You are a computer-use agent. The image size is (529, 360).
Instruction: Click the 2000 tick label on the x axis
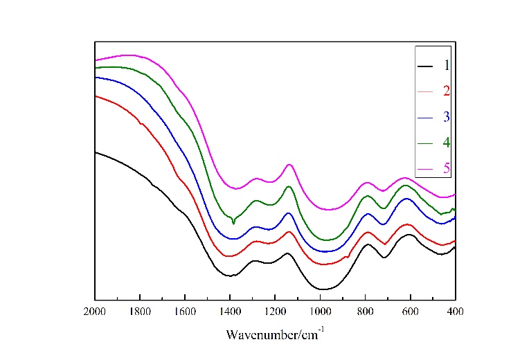(x=94, y=312)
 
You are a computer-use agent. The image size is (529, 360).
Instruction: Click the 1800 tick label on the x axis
(x=140, y=312)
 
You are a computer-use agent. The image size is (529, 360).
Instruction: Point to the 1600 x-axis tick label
(x=185, y=312)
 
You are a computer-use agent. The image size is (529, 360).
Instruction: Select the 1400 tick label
(x=230, y=312)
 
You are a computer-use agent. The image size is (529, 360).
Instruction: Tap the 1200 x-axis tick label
(x=275, y=312)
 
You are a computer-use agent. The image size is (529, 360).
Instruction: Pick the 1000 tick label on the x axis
(x=320, y=312)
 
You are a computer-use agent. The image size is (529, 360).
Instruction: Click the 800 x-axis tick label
(x=365, y=312)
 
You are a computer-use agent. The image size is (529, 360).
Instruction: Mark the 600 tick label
(x=410, y=312)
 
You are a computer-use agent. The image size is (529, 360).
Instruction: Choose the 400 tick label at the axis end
(x=455, y=312)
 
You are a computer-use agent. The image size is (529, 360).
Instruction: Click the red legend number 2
(x=447, y=91)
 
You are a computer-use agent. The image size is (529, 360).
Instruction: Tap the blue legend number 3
(x=447, y=116)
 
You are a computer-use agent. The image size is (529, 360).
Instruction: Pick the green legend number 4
(x=447, y=143)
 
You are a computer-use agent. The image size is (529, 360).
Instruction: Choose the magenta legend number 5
(x=447, y=169)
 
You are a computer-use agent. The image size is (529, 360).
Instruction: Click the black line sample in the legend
(x=425, y=66)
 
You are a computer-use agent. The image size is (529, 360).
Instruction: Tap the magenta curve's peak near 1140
(x=289, y=164)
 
